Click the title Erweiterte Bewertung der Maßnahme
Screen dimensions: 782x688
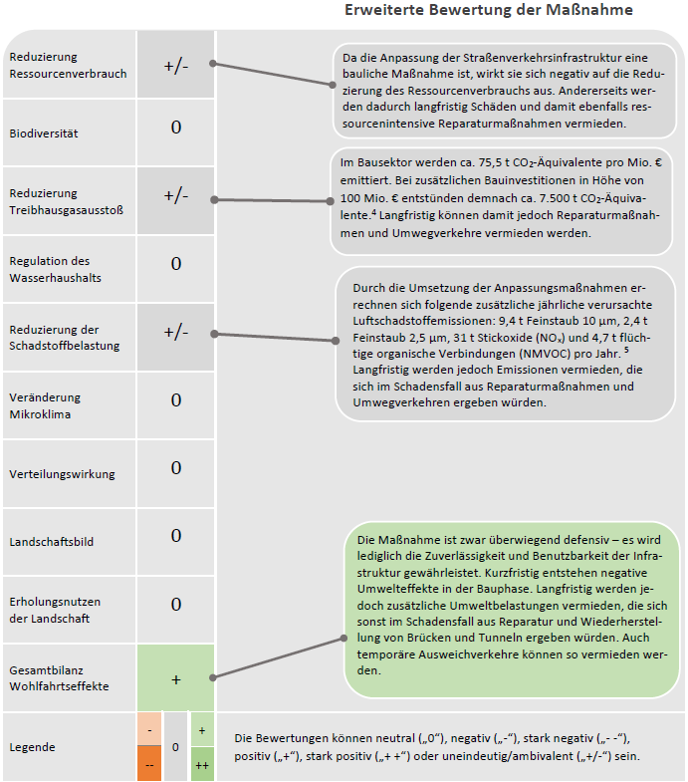click(x=488, y=11)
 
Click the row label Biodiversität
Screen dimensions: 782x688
click(x=43, y=132)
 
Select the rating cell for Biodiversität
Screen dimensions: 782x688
click(x=176, y=129)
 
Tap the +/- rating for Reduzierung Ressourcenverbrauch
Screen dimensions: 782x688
click(x=176, y=65)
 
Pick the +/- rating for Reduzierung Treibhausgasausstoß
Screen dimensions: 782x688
click(x=176, y=196)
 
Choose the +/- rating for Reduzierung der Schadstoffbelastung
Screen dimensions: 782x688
click(x=176, y=332)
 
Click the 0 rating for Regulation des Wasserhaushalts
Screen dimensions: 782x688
click(x=176, y=264)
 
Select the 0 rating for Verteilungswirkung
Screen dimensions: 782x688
click(x=176, y=468)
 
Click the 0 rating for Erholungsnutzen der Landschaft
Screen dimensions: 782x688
click(x=176, y=604)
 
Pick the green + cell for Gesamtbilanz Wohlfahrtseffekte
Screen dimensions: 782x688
click(x=176, y=679)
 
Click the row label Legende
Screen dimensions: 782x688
click(x=31, y=747)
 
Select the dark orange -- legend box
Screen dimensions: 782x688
click(x=148, y=765)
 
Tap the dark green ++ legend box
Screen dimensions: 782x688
click(x=202, y=765)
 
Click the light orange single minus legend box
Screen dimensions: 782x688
click(x=148, y=730)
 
